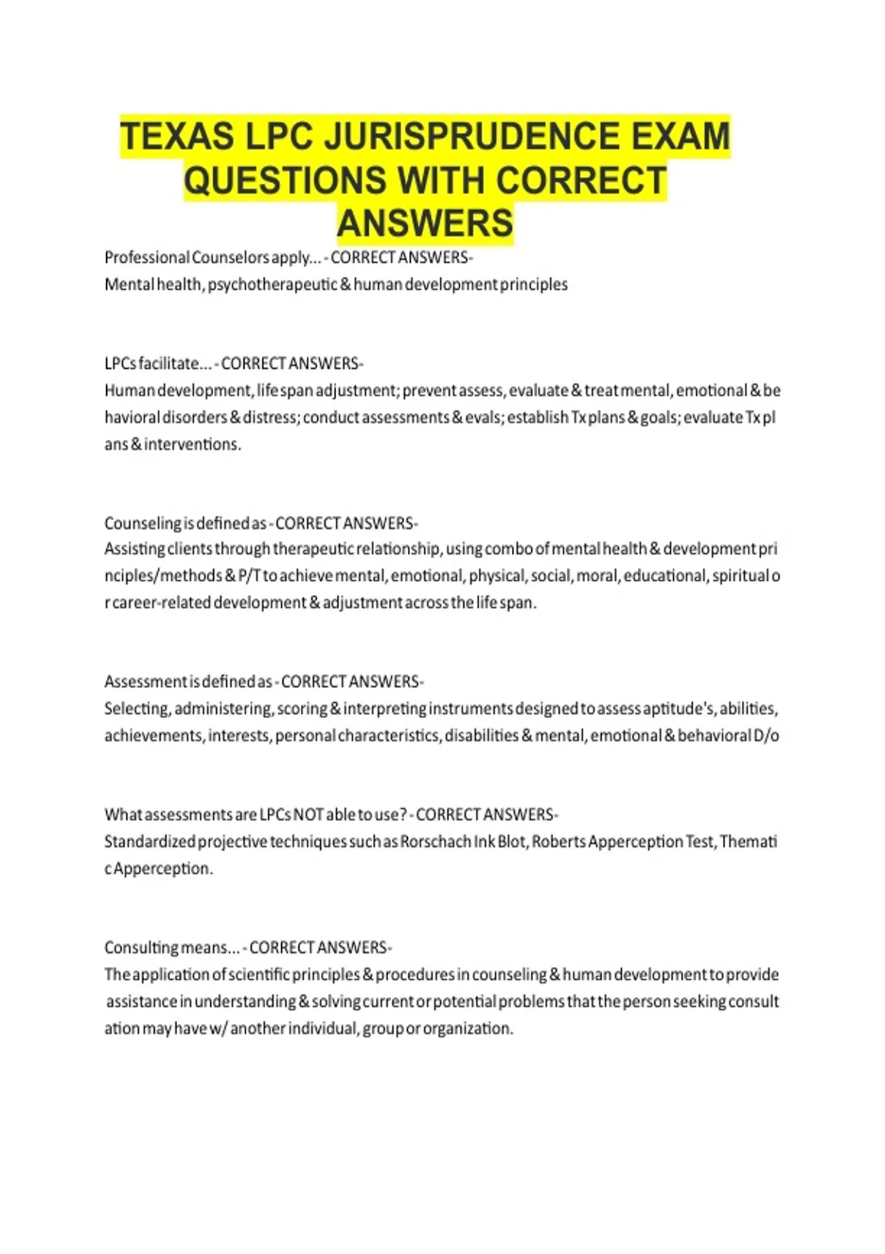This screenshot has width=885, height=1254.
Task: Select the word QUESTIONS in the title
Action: pyautogui.click(x=285, y=181)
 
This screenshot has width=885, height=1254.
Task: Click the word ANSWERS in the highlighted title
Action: pyautogui.click(x=425, y=224)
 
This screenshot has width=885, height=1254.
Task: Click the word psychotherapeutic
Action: pyautogui.click(x=272, y=285)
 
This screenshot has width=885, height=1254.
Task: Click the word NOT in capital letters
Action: pyautogui.click(x=308, y=815)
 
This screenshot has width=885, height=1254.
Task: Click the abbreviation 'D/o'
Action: pyautogui.click(x=766, y=735)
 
